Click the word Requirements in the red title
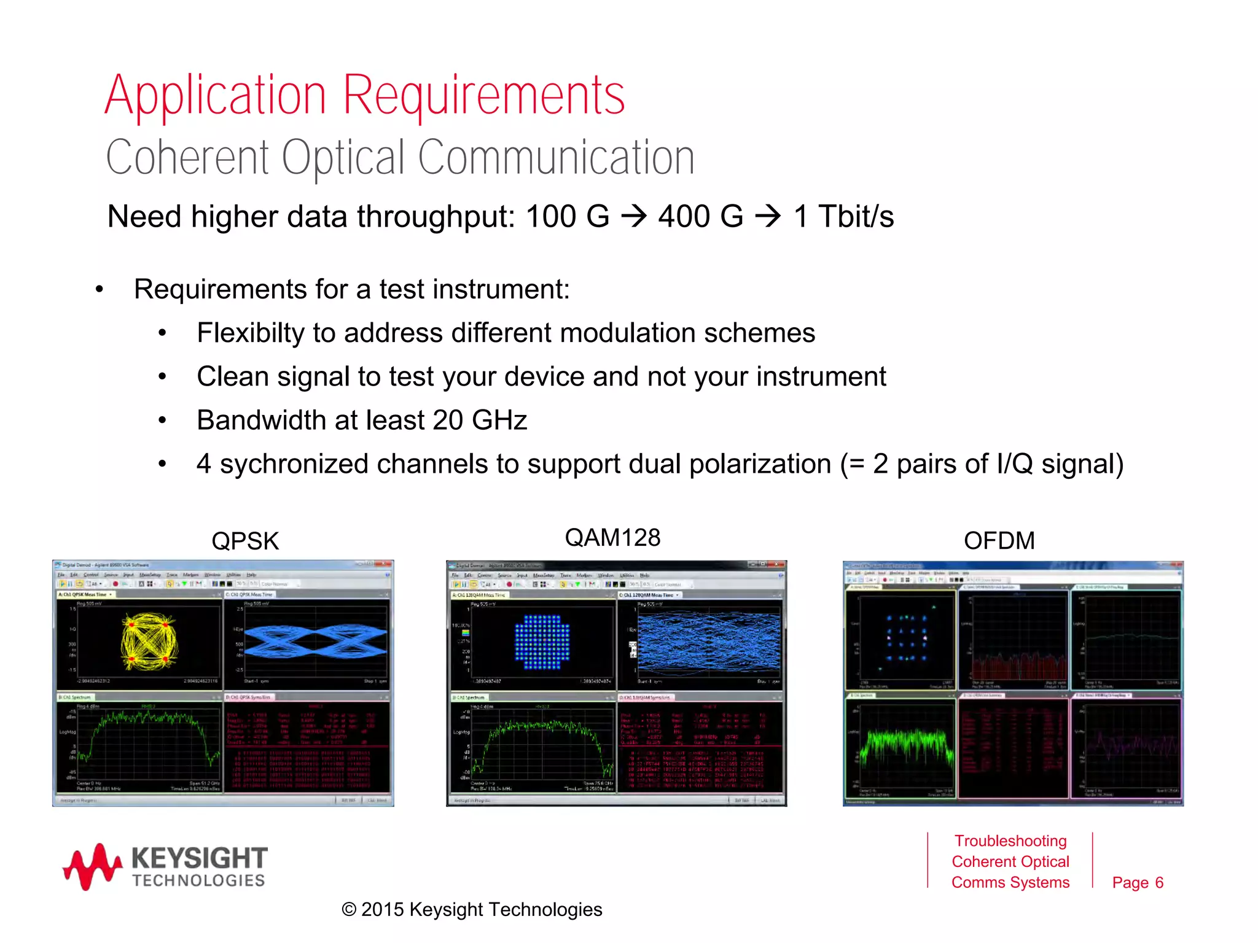[483, 95]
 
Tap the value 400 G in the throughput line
[700, 217]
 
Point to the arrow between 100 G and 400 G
[634, 216]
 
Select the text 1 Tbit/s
[843, 217]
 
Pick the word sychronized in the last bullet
[294, 464]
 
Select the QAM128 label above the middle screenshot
[612, 538]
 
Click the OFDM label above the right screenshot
[999, 541]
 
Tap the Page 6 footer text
[1138, 883]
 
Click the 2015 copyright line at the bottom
[472, 910]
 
